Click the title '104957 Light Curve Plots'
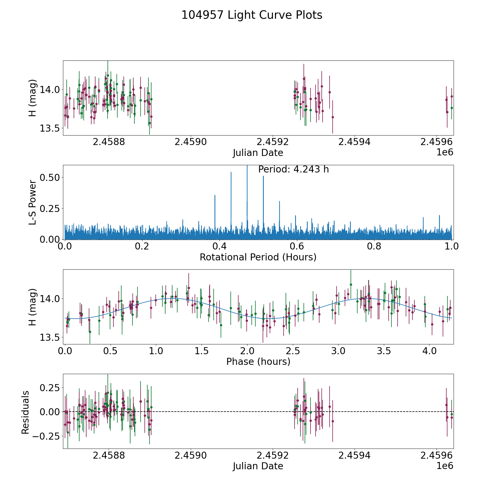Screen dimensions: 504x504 [252, 15]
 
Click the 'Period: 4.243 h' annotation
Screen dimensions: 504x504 [293, 169]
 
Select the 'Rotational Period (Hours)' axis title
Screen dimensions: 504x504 [258, 257]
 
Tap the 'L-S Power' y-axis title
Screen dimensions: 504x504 [33, 202]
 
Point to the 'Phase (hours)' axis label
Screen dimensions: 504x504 [258, 361]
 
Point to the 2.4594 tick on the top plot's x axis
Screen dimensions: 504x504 [354, 142]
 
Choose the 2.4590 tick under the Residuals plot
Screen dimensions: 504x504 [190, 456]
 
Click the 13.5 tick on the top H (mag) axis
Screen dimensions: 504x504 [50, 129]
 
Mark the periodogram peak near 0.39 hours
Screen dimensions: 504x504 [215, 195]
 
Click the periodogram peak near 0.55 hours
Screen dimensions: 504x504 [279, 202]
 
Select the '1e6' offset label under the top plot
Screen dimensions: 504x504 [445, 152]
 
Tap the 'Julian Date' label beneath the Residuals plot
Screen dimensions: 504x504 [258, 466]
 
